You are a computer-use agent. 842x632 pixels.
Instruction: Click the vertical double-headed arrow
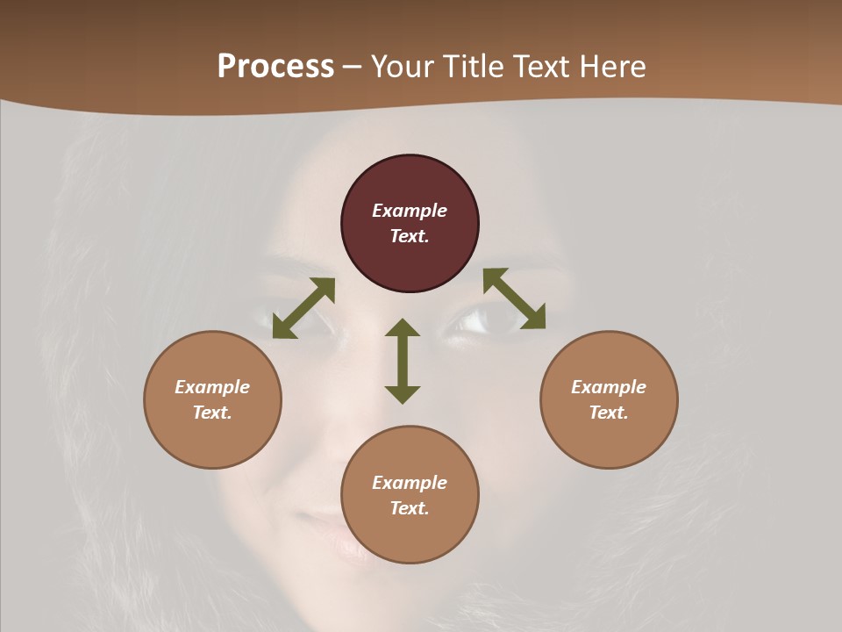click(403, 361)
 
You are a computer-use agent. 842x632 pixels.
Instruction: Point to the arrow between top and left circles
click(303, 308)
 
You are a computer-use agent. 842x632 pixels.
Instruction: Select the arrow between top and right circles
click(514, 298)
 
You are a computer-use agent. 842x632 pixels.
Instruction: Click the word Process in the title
click(275, 66)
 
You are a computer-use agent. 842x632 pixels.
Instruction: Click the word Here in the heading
click(608, 66)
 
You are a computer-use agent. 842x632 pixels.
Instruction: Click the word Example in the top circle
click(410, 211)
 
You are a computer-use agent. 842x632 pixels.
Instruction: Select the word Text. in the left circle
click(212, 413)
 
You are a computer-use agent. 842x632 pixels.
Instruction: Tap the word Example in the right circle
click(609, 387)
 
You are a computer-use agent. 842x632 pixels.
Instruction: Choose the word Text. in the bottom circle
click(410, 508)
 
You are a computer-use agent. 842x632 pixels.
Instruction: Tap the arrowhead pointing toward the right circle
click(533, 318)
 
